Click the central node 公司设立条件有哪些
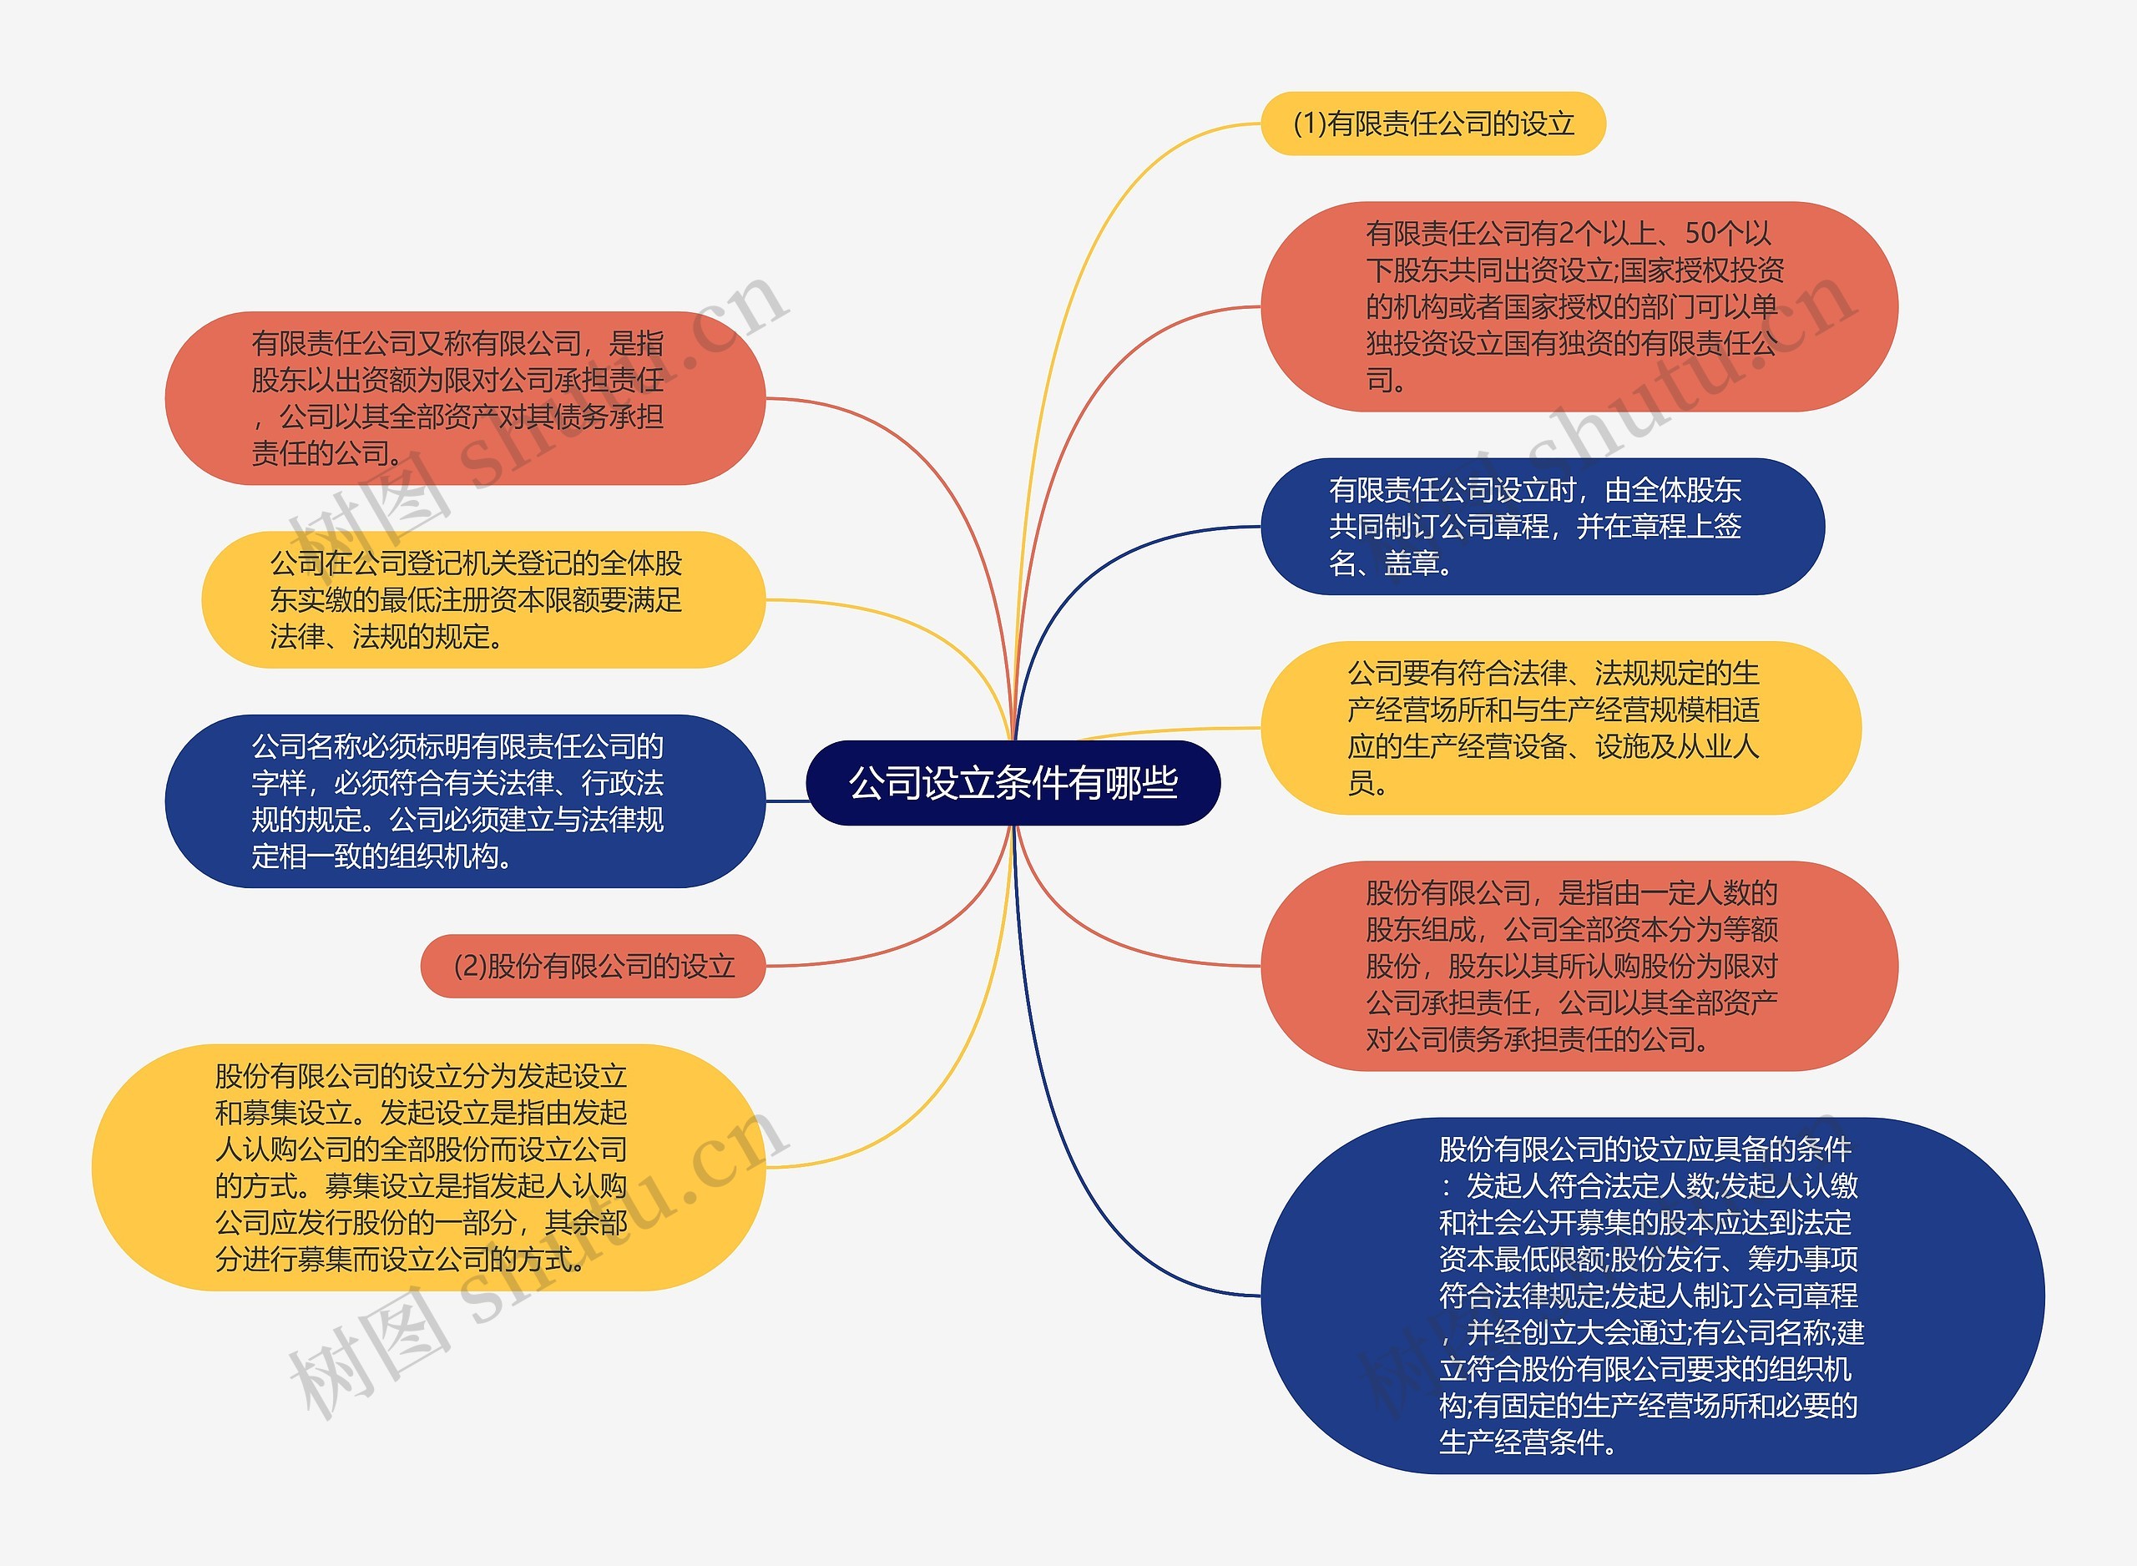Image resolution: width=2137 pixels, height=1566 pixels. click(1012, 783)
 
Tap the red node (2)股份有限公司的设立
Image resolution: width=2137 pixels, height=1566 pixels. click(594, 966)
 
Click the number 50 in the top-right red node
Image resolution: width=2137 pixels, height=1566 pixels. click(1700, 233)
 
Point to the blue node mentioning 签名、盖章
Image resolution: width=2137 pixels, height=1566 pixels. click(1541, 526)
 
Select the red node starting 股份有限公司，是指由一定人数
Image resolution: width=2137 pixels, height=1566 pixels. click(1578, 966)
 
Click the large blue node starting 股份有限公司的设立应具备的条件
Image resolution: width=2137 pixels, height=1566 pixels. click(1651, 1295)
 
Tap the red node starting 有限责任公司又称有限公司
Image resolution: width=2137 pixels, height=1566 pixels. click(464, 398)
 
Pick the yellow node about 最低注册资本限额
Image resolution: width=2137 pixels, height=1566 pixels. click(482, 600)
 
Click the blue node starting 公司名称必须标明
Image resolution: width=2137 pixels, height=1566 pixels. click(464, 801)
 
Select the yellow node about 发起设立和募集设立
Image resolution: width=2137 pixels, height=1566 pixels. click(427, 1167)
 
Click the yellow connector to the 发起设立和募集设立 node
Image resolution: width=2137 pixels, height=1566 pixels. click(938, 1071)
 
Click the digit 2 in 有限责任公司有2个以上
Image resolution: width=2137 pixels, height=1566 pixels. click(1564, 233)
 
